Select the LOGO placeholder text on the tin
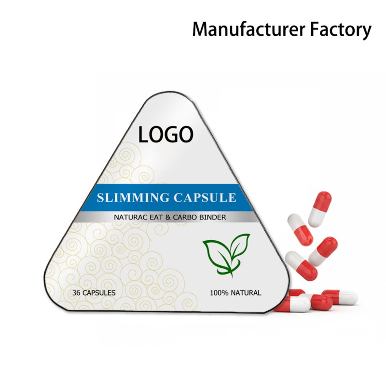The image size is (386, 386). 165,134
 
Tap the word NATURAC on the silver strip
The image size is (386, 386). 131,218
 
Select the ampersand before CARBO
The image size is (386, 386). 169,218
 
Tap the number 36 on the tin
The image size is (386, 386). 75,293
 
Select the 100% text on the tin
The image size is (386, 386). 219,292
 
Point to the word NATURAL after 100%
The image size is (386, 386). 246,292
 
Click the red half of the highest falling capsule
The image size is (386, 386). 324,199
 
